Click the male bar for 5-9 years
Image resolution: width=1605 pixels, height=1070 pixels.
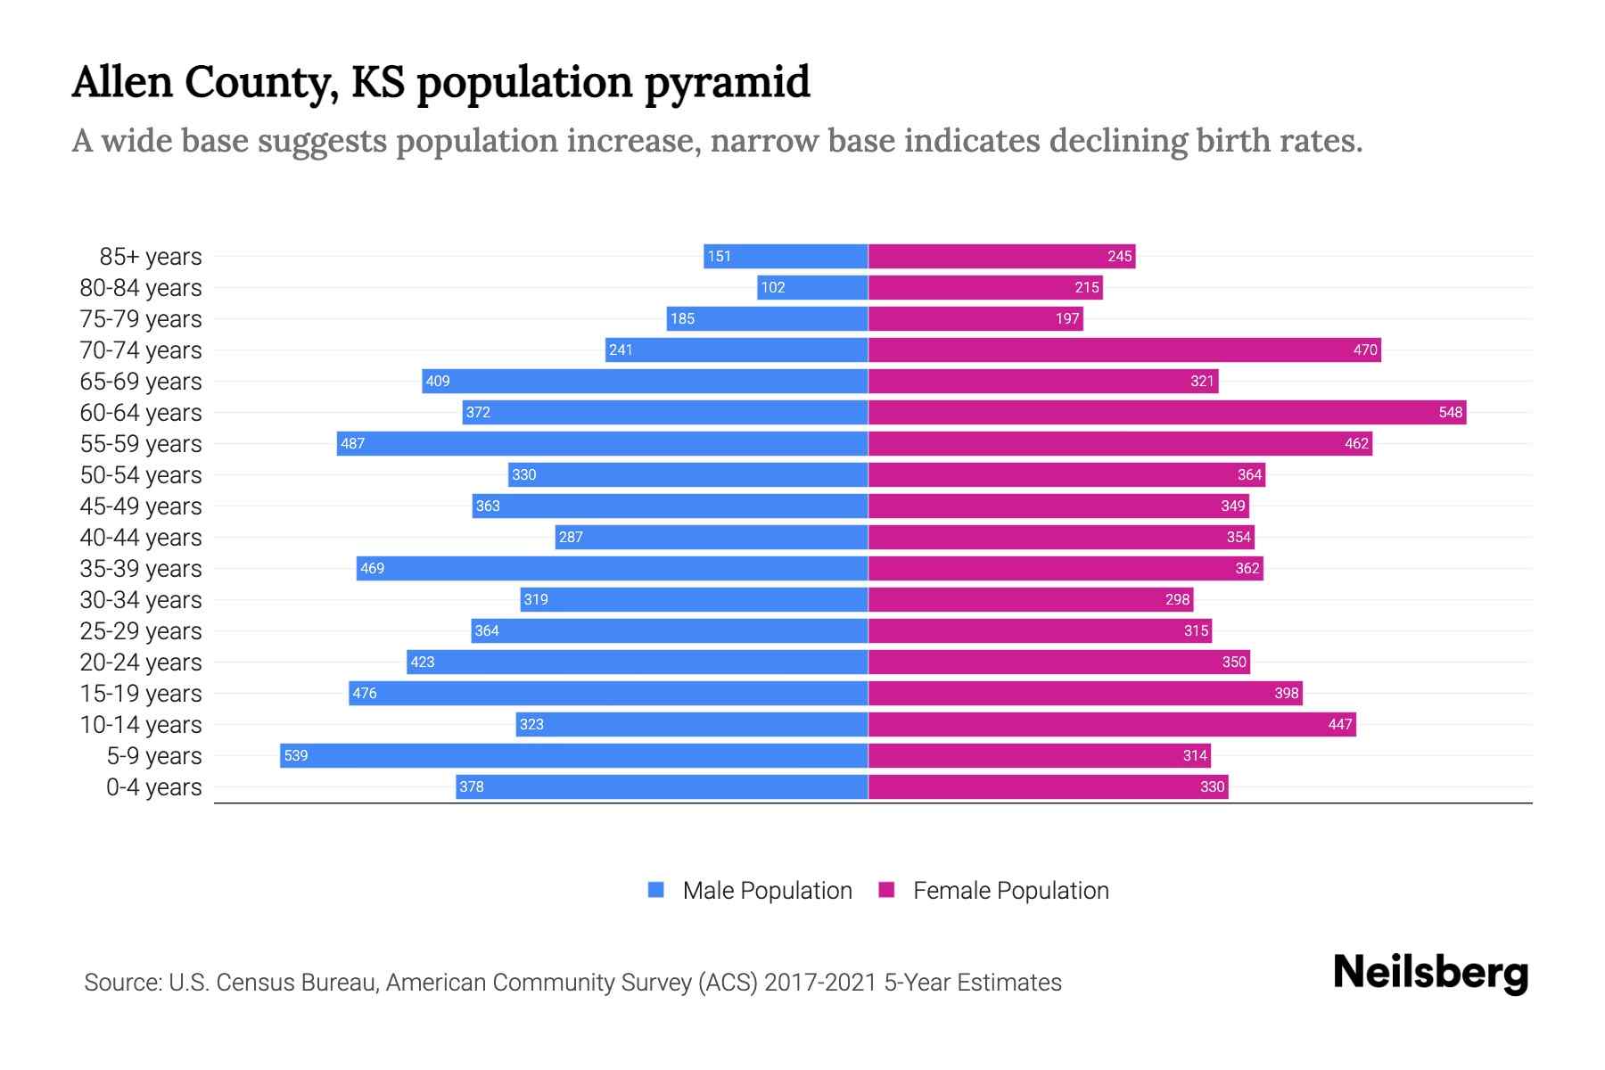click(573, 755)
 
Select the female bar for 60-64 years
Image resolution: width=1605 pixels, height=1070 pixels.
click(1166, 412)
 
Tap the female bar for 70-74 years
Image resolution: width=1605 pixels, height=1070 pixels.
click(1123, 350)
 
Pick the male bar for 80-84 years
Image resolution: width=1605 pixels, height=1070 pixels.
click(812, 287)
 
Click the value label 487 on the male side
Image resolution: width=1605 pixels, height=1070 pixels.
click(353, 443)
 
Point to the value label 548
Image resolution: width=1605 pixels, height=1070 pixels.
click(1450, 412)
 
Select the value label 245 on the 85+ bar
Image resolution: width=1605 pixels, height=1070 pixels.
click(1119, 256)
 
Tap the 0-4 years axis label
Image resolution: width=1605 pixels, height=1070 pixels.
click(153, 786)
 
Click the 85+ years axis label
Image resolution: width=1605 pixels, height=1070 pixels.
click(150, 256)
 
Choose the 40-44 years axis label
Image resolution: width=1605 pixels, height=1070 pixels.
click(141, 537)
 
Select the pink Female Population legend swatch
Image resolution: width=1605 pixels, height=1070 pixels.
click(886, 890)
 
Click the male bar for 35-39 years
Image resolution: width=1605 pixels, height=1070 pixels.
click(612, 568)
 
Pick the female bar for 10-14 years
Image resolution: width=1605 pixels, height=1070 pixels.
click(1111, 724)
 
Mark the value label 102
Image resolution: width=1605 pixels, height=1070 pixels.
click(772, 287)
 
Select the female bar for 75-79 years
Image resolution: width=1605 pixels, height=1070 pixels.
click(975, 318)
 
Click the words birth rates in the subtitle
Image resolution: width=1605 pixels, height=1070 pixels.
click(1279, 141)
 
